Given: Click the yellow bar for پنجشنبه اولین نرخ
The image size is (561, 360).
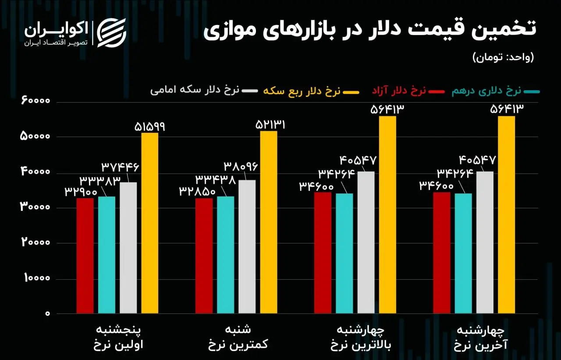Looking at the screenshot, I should (x=149, y=223).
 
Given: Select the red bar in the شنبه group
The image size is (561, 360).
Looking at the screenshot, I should (x=204, y=256).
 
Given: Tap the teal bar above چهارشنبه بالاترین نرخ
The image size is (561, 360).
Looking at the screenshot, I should (x=344, y=253).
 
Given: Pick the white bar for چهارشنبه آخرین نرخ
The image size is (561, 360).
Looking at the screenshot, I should (x=485, y=242).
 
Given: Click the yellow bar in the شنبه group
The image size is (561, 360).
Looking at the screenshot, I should (x=268, y=222).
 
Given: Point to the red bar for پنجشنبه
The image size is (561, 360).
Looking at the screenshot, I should (x=85, y=256).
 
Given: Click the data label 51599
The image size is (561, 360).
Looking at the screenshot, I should (x=149, y=126).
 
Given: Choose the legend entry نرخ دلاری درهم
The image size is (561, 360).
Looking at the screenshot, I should (x=486, y=91).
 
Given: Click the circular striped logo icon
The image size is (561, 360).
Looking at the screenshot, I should (x=111, y=32).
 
